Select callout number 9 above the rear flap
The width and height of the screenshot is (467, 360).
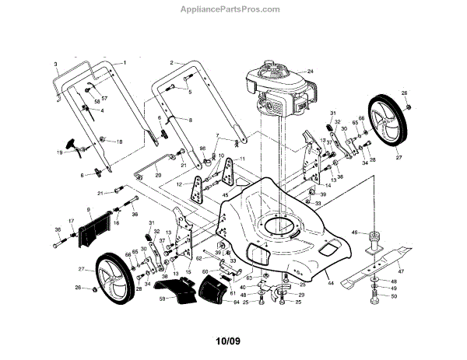tap(89, 210)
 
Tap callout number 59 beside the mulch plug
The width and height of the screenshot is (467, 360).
tap(163, 297)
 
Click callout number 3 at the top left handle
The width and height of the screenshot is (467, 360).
tap(56, 63)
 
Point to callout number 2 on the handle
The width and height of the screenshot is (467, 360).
tap(171, 61)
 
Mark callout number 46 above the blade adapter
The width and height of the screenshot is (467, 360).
tap(355, 232)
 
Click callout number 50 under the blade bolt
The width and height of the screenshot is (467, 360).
tap(395, 296)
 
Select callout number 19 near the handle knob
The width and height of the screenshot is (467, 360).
tap(59, 152)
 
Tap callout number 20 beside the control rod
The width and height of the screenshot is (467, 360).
tap(158, 176)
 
